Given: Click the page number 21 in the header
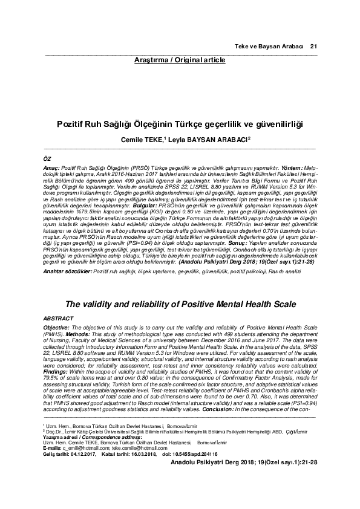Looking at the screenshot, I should tap(313, 47).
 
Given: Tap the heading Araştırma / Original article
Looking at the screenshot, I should tap(180, 60).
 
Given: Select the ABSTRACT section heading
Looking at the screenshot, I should tap(59, 317).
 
